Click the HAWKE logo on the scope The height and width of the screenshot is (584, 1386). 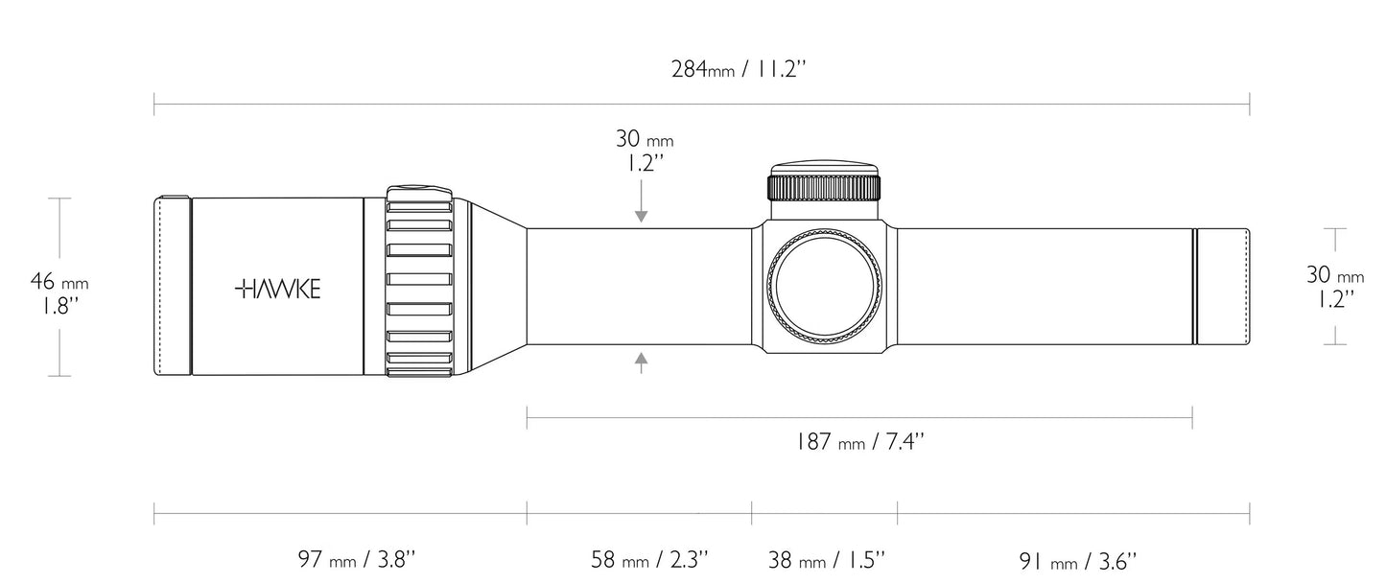click(278, 289)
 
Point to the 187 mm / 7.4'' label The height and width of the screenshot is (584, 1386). click(858, 442)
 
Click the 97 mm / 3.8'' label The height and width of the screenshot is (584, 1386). click(356, 560)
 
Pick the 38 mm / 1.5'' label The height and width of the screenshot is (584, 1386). click(826, 560)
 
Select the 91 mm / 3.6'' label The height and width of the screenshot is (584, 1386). click(1077, 560)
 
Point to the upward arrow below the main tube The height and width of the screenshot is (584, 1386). click(641, 362)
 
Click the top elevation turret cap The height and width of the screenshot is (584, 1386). click(824, 180)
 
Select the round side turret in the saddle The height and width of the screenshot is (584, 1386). click(824, 286)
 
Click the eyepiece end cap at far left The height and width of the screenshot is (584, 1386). click(173, 286)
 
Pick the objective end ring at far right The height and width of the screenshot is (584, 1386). click(1223, 286)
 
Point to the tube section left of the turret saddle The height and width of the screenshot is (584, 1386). click(638, 286)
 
